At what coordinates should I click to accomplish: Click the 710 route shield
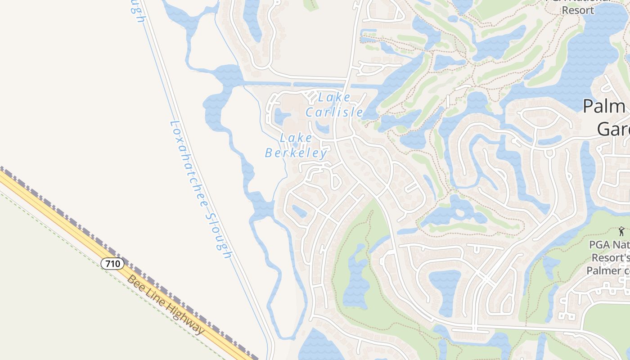(112, 264)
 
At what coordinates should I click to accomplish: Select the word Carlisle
(334, 112)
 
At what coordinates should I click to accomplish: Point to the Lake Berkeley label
(296, 145)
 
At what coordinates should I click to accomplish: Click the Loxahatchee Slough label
(201, 189)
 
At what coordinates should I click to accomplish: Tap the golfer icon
(621, 231)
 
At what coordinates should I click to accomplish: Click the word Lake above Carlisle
(334, 97)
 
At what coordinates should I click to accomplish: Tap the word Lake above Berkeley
(296, 138)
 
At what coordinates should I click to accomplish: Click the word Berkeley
(296, 153)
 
